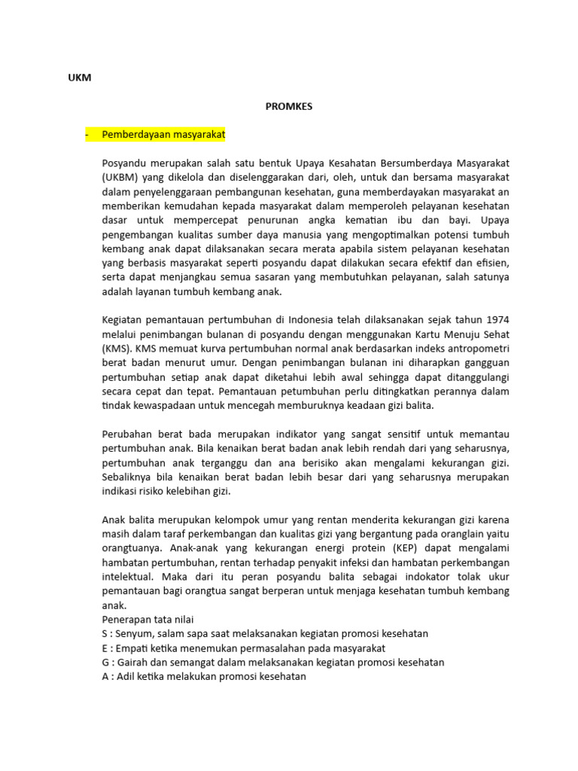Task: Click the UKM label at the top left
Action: tap(80, 78)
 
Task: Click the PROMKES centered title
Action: tap(288, 106)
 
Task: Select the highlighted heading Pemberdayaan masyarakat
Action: tap(163, 134)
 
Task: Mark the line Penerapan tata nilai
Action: tap(148, 620)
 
